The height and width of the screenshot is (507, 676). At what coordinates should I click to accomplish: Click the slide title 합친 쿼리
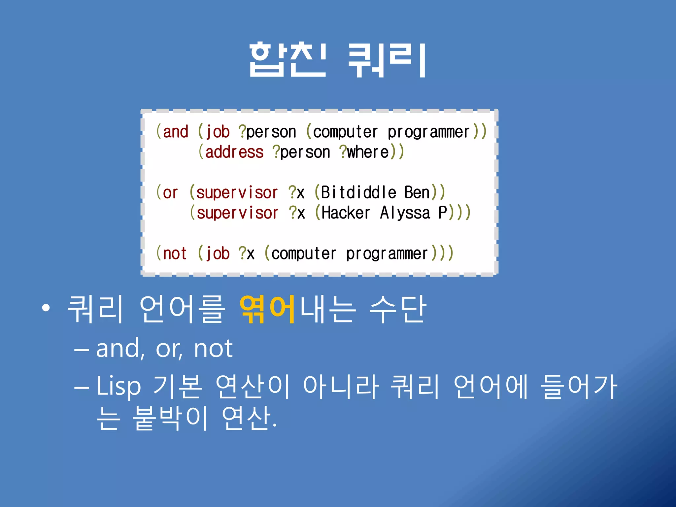coord(337,60)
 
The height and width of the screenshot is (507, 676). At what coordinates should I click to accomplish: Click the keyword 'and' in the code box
coord(176,132)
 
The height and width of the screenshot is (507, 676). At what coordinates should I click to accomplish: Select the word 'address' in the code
coord(234,152)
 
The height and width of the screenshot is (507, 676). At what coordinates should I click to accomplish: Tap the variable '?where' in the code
coord(364,152)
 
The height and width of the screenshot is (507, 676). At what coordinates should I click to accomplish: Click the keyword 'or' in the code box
coord(170,193)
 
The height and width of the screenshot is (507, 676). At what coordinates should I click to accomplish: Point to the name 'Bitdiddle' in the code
coord(358,192)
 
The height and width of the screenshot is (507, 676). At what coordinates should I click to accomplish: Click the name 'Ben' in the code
coord(417,192)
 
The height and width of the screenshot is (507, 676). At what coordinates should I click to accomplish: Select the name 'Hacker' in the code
coord(346,213)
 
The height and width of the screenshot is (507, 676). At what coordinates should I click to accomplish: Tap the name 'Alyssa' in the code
coord(405,213)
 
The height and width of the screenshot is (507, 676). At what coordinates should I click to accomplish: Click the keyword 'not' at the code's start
coord(175,253)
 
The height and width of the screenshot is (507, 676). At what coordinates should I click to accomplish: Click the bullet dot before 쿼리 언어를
coord(46,308)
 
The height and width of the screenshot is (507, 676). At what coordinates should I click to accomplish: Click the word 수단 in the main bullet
coord(398,309)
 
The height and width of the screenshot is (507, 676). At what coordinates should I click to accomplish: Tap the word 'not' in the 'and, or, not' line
coord(213,349)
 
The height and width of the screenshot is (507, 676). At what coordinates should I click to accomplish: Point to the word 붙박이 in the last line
coord(170,418)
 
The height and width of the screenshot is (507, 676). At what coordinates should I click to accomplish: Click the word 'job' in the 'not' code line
coord(218,253)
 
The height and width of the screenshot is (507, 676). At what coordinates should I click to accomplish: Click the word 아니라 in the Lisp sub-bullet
coord(341,386)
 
